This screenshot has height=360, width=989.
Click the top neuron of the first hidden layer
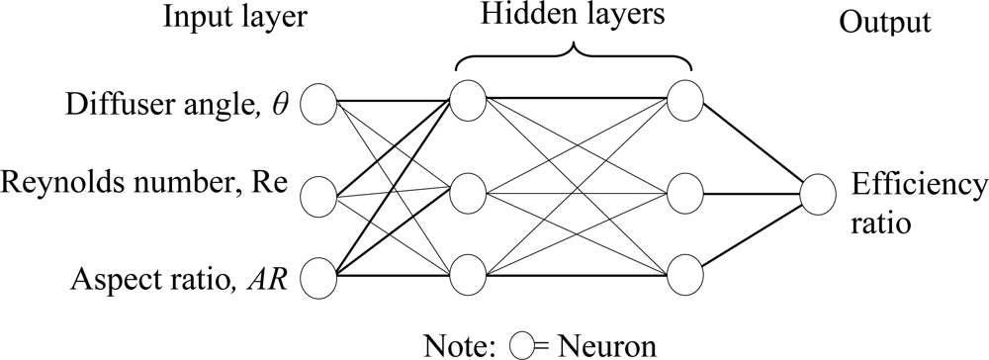(x=467, y=98)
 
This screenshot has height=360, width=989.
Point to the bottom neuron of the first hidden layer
(x=467, y=275)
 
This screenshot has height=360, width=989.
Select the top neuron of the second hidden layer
(x=684, y=98)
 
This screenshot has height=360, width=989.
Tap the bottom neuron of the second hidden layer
(x=684, y=275)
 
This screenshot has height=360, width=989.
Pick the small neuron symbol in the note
(x=523, y=345)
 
